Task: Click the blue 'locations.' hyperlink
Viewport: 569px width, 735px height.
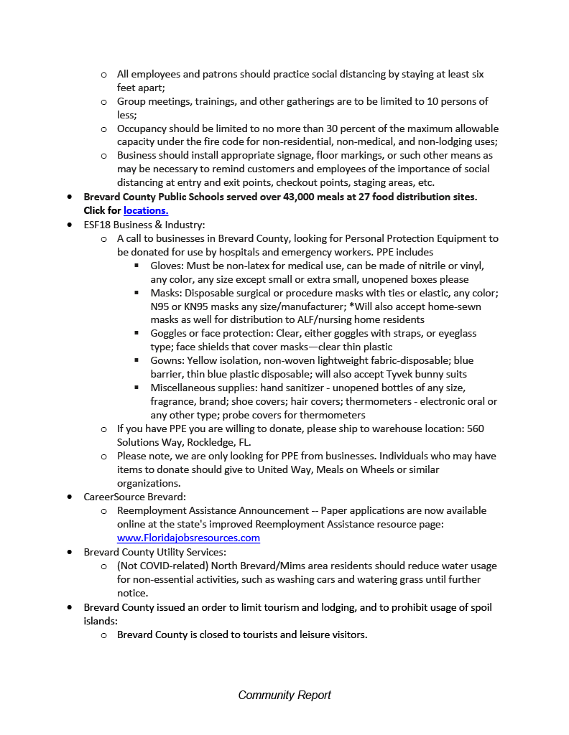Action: pyautogui.click(x=146, y=210)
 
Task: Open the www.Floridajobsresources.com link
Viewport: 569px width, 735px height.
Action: pyautogui.click(x=188, y=538)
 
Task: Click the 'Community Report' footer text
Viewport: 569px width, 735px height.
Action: pyautogui.click(x=284, y=695)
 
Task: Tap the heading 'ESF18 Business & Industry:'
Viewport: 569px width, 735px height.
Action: pyautogui.click(x=144, y=224)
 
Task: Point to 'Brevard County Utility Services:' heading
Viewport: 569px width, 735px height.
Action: pyautogui.click(x=154, y=552)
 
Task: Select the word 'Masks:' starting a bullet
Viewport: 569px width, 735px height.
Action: pyautogui.click(x=166, y=293)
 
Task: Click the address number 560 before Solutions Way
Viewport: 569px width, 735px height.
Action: pyautogui.click(x=476, y=429)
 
